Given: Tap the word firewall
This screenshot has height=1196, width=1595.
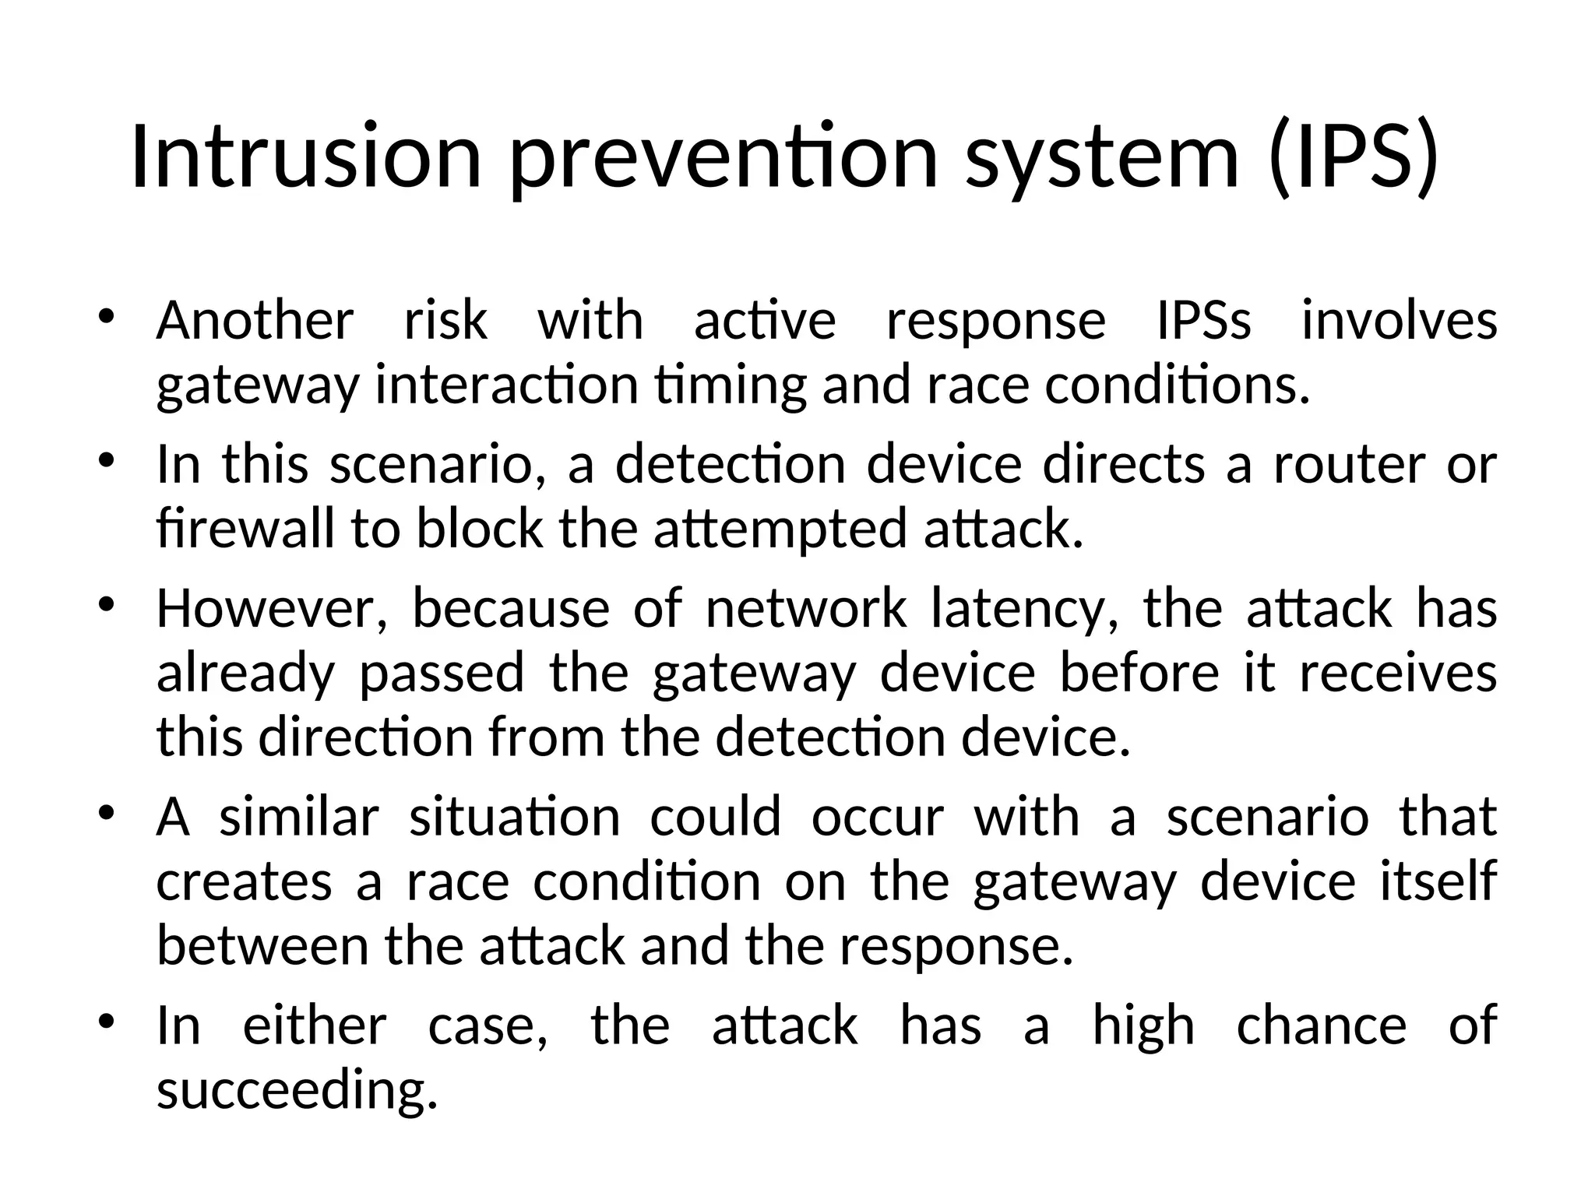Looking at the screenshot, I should click(x=245, y=529).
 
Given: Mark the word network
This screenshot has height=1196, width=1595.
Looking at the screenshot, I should click(x=805, y=608).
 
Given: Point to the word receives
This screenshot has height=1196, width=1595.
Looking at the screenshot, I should click(x=1398, y=673).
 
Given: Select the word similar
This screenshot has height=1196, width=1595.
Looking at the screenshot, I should click(x=299, y=817).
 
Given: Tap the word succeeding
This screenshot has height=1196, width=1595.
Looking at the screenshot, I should click(x=297, y=1089).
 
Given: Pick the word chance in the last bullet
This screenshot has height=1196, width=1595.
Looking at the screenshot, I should click(x=1322, y=1025).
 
